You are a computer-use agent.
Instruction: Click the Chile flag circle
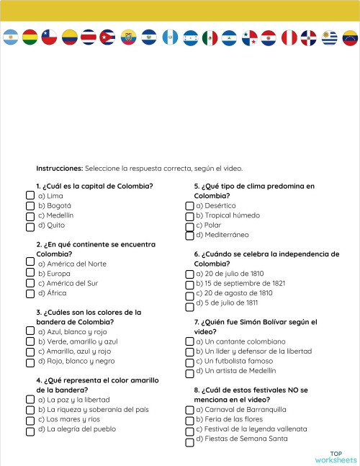[x=50, y=37]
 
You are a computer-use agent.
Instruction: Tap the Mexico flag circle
[x=210, y=37]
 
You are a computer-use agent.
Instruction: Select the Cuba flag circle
[x=108, y=37]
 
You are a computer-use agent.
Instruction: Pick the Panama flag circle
[x=250, y=37]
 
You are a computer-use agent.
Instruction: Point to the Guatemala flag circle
[x=170, y=37]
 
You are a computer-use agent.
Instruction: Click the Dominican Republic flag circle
[x=309, y=37]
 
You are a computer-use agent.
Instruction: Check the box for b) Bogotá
[x=30, y=205]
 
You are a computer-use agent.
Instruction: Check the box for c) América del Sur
[x=30, y=283]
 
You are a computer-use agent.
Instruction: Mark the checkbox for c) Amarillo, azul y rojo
[x=30, y=351]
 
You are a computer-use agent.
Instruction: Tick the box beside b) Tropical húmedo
[x=189, y=215]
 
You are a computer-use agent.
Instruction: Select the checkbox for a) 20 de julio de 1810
[x=189, y=274]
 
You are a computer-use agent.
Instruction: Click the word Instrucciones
[x=59, y=168]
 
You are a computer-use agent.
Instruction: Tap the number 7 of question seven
[x=196, y=322]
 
